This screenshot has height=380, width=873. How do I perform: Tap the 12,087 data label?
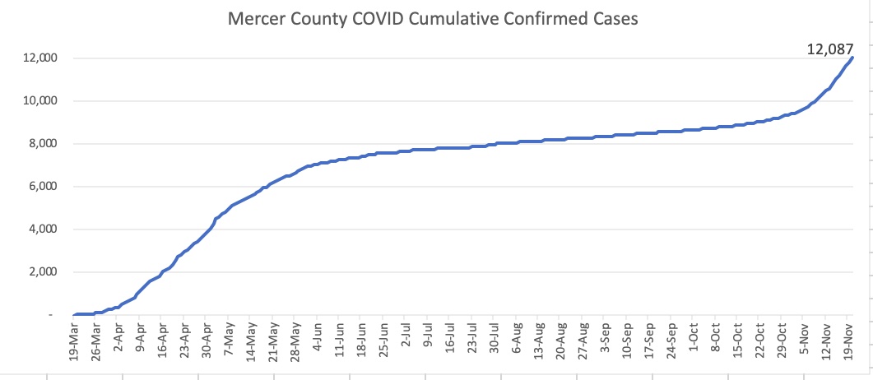(x=830, y=50)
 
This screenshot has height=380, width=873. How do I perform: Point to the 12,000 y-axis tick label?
(x=39, y=58)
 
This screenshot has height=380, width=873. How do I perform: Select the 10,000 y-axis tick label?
(x=39, y=101)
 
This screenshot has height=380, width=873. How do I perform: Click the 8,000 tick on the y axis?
(x=41, y=144)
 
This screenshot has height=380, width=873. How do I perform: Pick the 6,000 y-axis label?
(x=41, y=187)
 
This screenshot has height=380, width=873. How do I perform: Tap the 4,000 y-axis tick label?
(x=41, y=229)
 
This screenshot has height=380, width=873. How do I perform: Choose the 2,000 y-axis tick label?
(x=41, y=272)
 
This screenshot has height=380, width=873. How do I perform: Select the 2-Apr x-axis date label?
(x=120, y=342)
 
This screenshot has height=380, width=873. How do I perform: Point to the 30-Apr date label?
(x=209, y=344)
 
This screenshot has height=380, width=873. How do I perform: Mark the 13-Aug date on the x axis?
(x=542, y=344)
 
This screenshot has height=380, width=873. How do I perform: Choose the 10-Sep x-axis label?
(x=631, y=344)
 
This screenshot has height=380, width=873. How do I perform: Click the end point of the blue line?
(x=852, y=58)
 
